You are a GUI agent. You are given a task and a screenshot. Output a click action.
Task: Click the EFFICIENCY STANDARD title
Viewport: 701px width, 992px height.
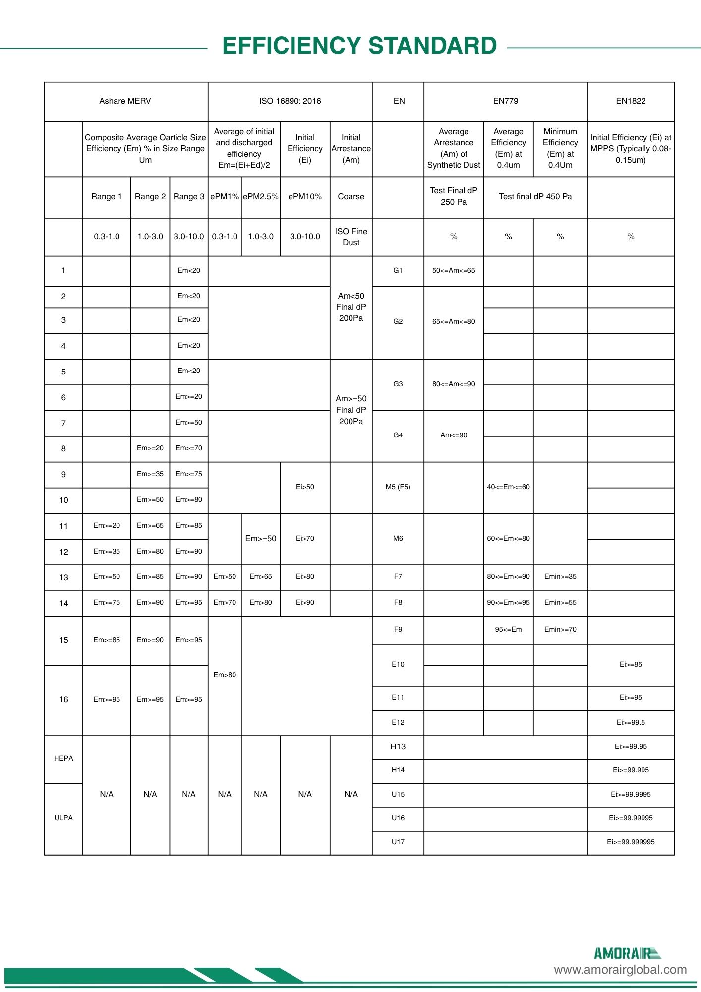coord(359,46)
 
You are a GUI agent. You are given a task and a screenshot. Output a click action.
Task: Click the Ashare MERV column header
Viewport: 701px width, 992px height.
coord(125,101)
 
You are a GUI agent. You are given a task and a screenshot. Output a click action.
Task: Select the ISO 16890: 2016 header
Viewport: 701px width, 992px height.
coord(290,101)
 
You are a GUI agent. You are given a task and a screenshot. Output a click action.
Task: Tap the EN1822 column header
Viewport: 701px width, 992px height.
coord(631,101)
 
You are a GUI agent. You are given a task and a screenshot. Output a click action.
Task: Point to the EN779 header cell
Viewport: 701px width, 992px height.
coord(505,101)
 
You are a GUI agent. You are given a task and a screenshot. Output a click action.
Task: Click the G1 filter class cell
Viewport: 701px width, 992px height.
coord(398,271)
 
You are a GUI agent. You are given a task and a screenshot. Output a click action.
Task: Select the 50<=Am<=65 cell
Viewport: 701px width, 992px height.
coord(454,271)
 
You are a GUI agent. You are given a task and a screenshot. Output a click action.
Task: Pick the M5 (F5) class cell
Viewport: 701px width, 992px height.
coord(398,487)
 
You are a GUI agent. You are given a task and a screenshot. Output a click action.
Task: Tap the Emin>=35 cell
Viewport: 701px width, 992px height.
coord(560,577)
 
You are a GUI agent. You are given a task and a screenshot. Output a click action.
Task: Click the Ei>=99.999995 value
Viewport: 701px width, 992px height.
coord(631,842)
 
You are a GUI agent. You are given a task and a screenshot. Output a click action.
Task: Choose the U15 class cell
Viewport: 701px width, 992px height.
coord(398,795)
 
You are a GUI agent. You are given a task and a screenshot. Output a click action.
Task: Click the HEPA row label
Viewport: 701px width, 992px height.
coord(63,758)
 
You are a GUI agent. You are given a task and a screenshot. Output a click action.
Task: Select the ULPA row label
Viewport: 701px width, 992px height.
coord(63,818)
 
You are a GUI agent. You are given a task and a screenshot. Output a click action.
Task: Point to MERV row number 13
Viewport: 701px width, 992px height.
coord(63,578)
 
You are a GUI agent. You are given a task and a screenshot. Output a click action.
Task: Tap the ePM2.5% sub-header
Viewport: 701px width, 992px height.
coord(261,197)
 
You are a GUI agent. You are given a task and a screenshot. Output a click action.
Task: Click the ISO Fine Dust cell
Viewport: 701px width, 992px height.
coord(351,237)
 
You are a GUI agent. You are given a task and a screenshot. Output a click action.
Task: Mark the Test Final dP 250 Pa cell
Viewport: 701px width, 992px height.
coord(454,196)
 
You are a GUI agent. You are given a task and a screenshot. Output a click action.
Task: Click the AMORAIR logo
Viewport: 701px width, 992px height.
coord(627,953)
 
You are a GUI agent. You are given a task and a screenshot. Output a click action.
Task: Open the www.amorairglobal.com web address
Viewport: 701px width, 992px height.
coord(620,970)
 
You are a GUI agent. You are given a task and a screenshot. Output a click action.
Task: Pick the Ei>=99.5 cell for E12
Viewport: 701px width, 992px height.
coord(631,723)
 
